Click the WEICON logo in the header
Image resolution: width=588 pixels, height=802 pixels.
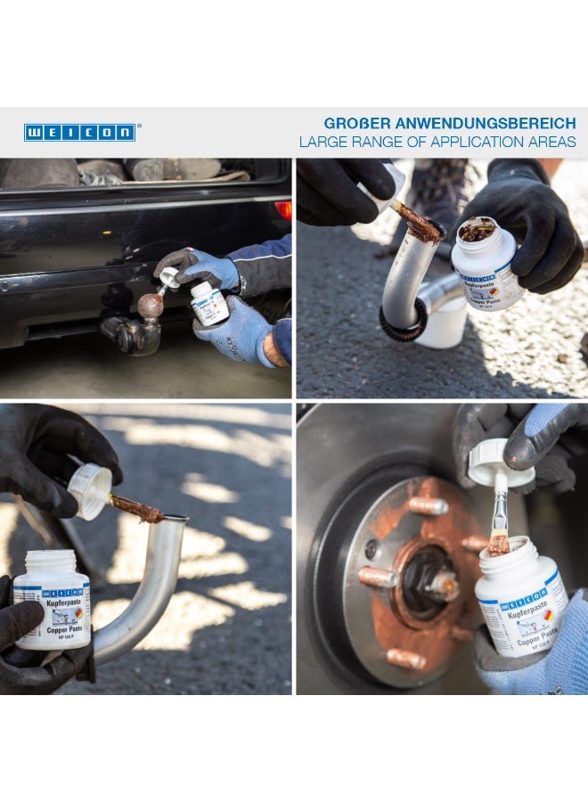pos(79,133)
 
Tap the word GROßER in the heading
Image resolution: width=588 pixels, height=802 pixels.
pos(355,123)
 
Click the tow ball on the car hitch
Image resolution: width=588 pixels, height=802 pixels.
pos(151,306)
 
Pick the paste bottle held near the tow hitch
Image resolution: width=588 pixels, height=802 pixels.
pos(210,303)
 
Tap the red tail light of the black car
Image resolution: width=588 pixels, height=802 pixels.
pos(283,210)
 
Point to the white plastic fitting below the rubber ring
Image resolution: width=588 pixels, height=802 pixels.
pos(443,330)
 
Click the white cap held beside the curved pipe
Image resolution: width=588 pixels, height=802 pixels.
pos(89,490)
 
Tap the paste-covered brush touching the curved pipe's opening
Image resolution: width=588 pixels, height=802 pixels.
pos(138,510)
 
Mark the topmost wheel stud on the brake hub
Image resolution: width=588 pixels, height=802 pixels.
pos(429,506)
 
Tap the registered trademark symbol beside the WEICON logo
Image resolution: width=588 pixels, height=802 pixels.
pos(139,127)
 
